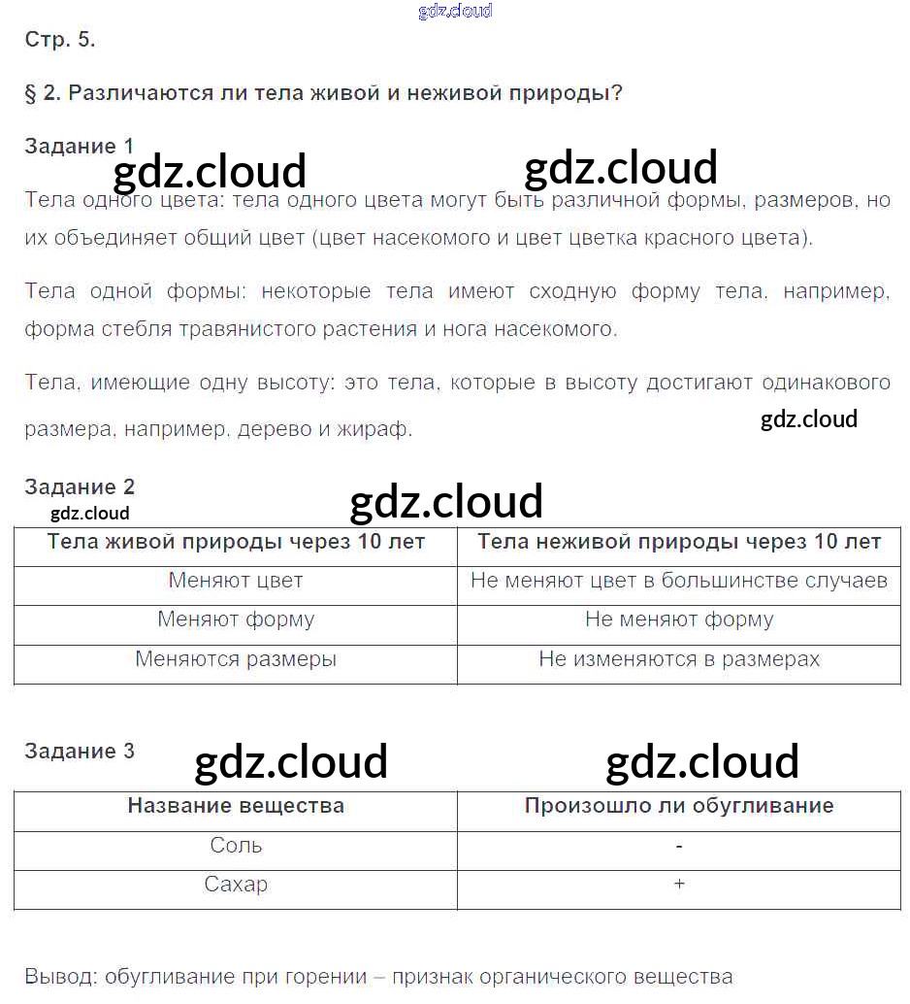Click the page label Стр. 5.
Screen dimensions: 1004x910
[x=60, y=40]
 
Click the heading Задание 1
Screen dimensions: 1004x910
[x=80, y=146]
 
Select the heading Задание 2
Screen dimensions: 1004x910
[x=80, y=486]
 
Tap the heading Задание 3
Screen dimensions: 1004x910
[x=80, y=751]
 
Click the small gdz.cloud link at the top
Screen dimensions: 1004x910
[x=455, y=11]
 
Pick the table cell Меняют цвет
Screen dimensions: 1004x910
[x=236, y=581]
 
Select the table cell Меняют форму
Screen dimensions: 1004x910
[x=236, y=619]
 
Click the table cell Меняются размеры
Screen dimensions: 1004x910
[x=236, y=659]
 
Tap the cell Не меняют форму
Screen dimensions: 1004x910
[x=679, y=619]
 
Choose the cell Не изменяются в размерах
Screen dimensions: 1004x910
[x=679, y=659]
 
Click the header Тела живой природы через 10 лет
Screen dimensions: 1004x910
[x=236, y=542]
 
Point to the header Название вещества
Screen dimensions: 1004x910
[x=236, y=806]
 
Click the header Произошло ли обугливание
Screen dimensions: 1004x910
[x=679, y=806]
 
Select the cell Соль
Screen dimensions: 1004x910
[x=236, y=845]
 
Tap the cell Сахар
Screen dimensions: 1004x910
[x=236, y=885]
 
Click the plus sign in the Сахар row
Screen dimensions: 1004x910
[x=679, y=885]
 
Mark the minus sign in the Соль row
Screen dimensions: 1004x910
[x=679, y=846]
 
